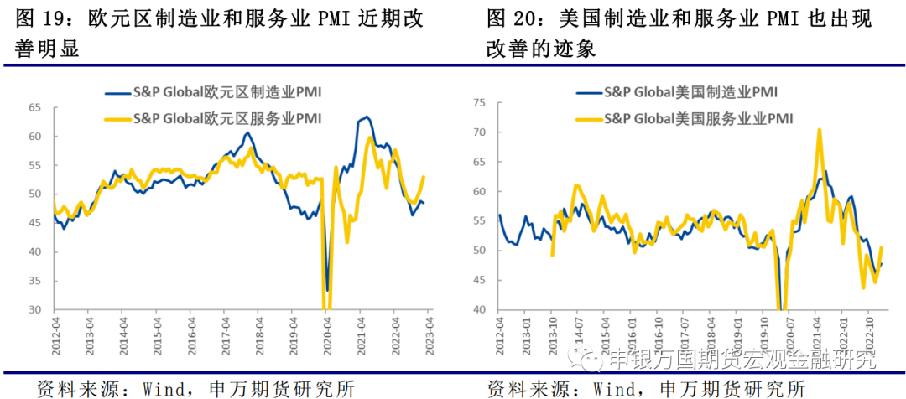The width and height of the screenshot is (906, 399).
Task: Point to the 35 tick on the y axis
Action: (x=36, y=281)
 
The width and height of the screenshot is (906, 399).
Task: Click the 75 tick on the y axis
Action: (x=480, y=102)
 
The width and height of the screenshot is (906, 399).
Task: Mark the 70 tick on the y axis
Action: (x=480, y=132)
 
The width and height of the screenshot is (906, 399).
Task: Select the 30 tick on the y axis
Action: (x=36, y=310)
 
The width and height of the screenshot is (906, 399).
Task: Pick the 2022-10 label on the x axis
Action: (x=872, y=330)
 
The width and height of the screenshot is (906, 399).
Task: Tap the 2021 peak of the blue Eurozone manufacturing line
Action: (x=367, y=117)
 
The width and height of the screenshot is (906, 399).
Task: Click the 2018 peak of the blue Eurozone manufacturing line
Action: (x=247, y=132)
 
